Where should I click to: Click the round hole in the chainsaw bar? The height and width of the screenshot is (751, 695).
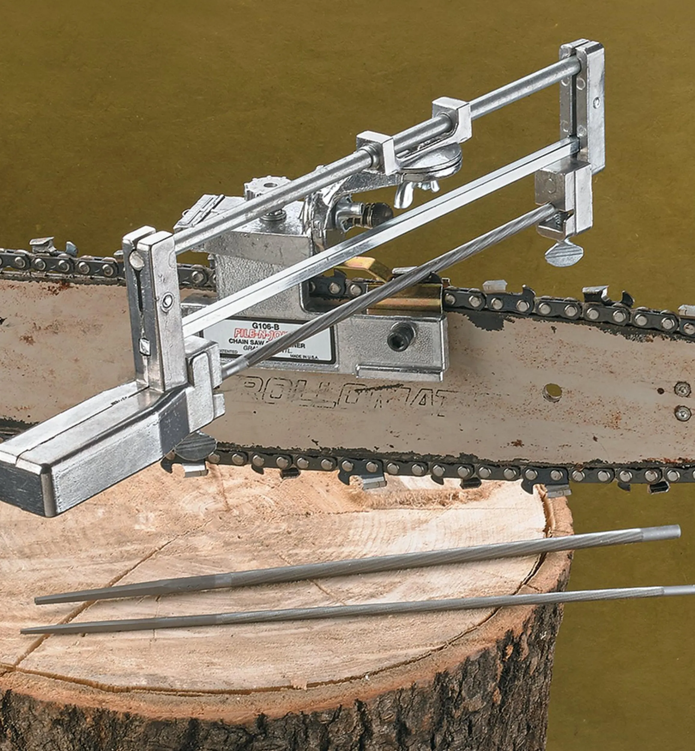click(x=552, y=391)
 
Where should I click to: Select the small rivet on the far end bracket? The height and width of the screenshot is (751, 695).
click(x=597, y=101)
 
